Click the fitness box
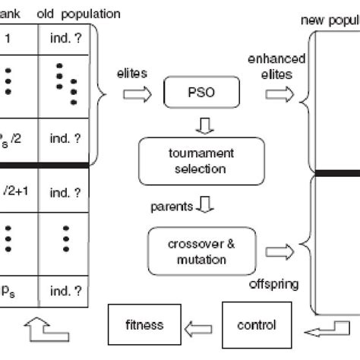click(x=144, y=324)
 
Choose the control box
click(x=256, y=324)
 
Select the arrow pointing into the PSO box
click(x=139, y=95)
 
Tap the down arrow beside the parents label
click(x=203, y=204)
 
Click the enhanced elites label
click(x=276, y=65)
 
